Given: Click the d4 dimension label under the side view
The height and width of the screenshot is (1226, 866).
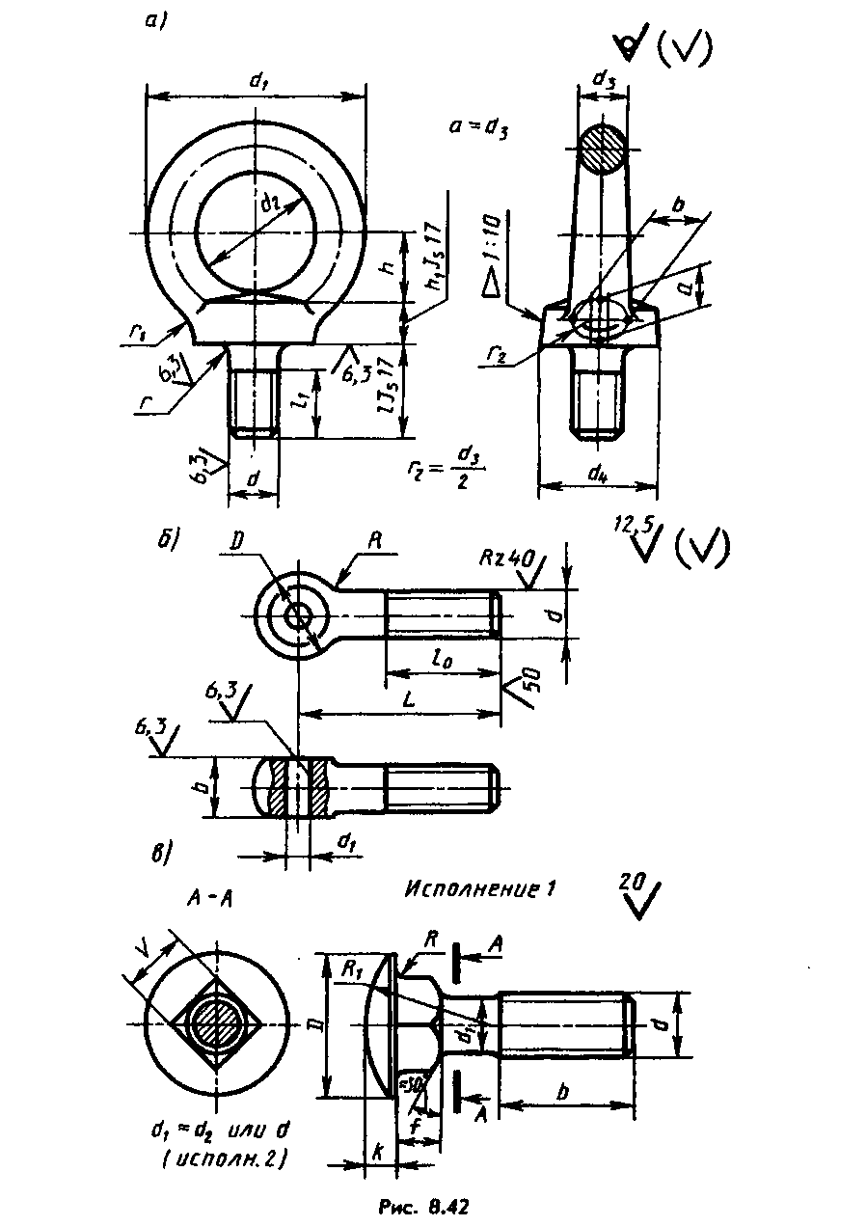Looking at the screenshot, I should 596,473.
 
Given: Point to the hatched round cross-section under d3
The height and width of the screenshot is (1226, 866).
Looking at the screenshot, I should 603,150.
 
